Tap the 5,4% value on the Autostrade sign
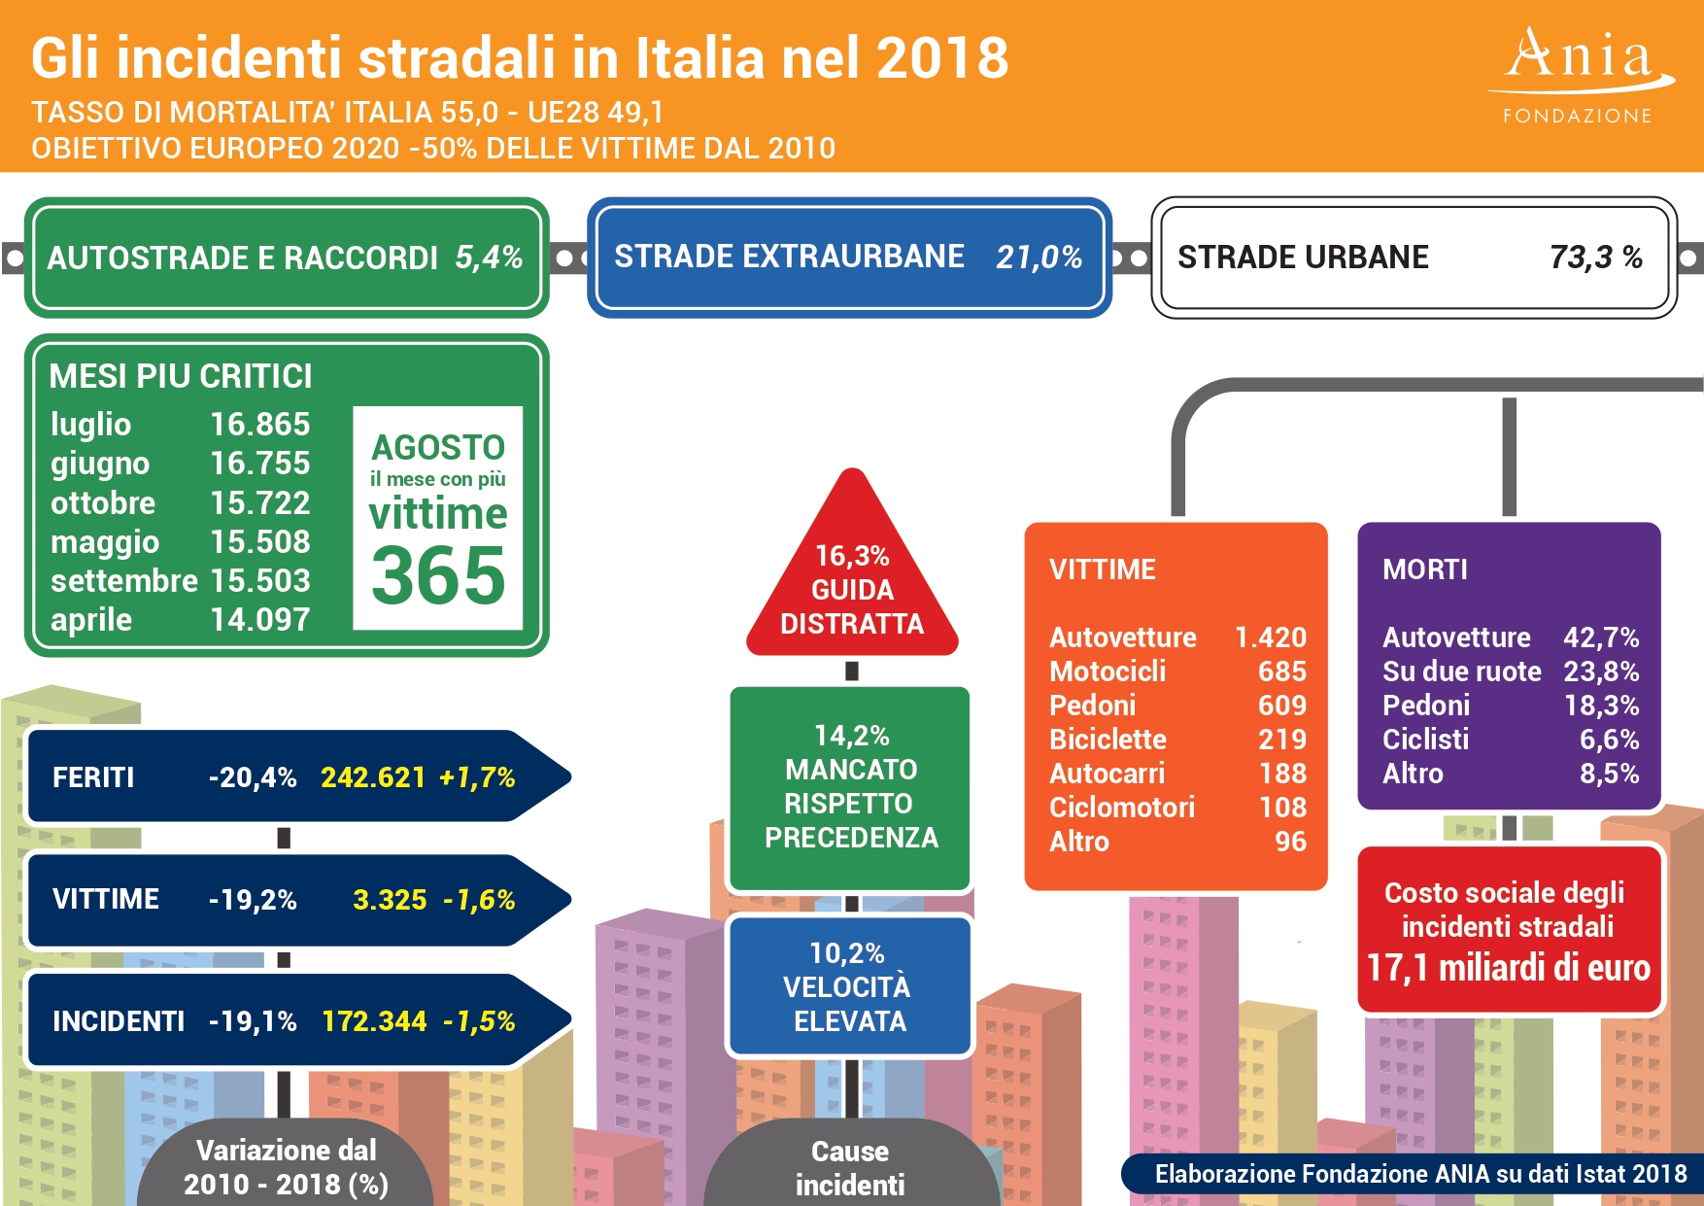click(x=489, y=258)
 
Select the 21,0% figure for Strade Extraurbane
click(x=1039, y=258)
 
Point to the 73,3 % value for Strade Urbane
click(x=1595, y=258)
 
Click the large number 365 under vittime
click(x=438, y=575)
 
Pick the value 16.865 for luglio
click(x=259, y=425)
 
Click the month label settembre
click(x=123, y=581)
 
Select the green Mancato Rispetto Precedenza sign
click(x=850, y=787)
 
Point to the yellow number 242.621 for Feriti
click(x=373, y=777)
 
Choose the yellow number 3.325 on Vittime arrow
click(x=390, y=900)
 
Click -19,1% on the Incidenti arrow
click(x=253, y=1021)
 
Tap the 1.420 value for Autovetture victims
click(x=1270, y=637)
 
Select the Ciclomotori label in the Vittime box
click(x=1121, y=808)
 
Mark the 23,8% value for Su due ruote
click(x=1600, y=672)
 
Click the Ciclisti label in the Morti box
click(x=1424, y=740)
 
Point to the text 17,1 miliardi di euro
click(x=1508, y=968)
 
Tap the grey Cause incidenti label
click(x=850, y=1168)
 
